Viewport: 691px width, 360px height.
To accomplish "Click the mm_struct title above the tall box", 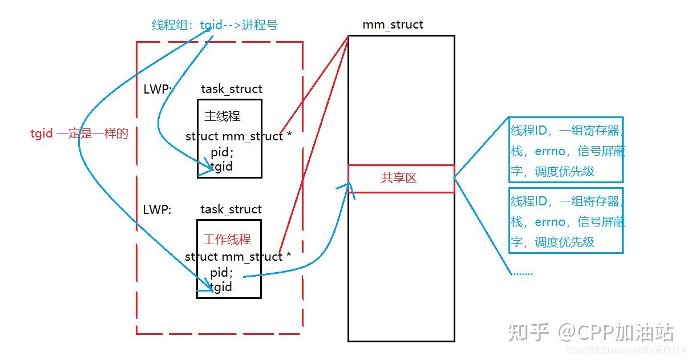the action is coord(393,25).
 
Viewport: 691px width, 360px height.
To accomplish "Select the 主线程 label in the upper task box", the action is coord(222,116).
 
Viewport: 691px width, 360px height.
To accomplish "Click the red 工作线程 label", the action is coord(227,240).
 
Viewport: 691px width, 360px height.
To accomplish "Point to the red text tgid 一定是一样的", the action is coord(79,134).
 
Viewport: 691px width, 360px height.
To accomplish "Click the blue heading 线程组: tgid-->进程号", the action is coord(215,25).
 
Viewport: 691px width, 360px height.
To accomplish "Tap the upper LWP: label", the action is coord(157,89).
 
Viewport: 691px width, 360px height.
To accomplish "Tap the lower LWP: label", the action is coord(157,210).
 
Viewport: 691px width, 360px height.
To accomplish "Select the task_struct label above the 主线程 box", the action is coord(231,89).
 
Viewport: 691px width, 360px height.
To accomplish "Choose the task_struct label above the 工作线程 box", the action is coord(231,209).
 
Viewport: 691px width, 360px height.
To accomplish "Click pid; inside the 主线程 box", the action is coord(222,152).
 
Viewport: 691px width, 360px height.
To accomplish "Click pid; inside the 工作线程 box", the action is coord(221,273).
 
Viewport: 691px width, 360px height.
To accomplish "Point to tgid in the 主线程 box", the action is coord(221,167).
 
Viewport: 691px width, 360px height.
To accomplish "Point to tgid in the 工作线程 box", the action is coord(221,287).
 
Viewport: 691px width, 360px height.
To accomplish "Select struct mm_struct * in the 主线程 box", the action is coord(239,136).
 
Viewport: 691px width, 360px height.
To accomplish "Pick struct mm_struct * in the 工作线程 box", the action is coord(238,257).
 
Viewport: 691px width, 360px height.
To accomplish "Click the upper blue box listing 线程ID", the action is coord(566,150).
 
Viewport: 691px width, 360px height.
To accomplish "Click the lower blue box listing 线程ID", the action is coord(566,221).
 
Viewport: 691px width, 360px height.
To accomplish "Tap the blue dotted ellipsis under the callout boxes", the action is coord(523,273).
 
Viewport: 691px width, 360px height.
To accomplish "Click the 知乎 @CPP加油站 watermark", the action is coord(591,333).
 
